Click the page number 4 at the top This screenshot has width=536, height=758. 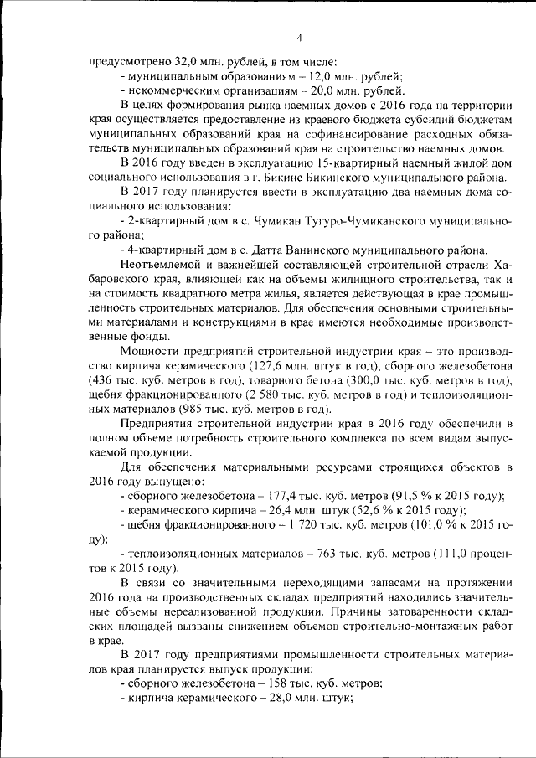click(298, 36)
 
